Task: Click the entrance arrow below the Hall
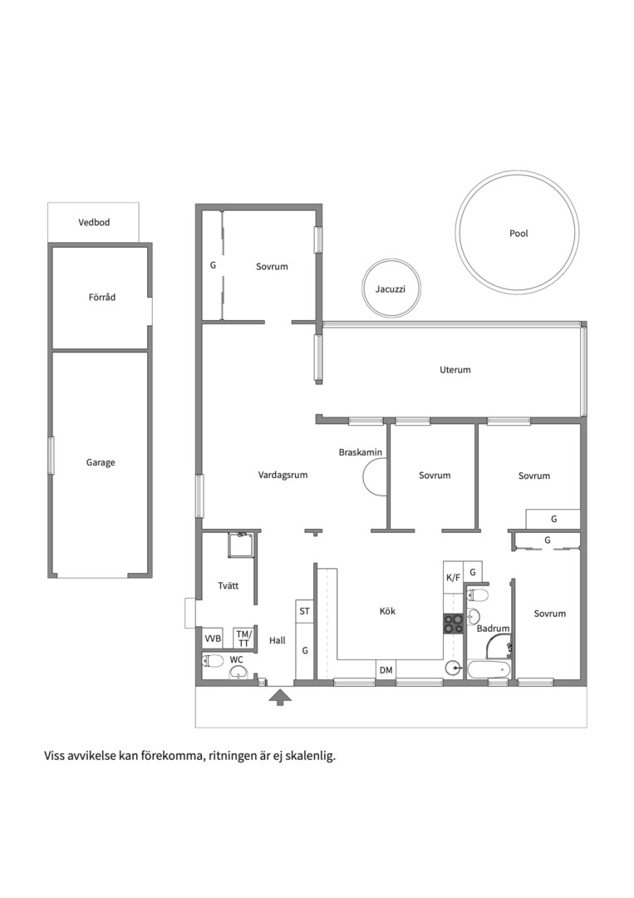tap(280, 697)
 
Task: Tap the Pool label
tap(519, 234)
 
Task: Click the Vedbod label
tap(94, 222)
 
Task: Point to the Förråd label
tap(102, 297)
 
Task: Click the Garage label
tap(101, 463)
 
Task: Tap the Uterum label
tap(455, 370)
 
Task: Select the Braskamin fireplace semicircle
tap(373, 477)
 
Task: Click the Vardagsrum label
tap(283, 475)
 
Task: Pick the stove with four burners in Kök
tap(453, 623)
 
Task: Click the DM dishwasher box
tap(386, 669)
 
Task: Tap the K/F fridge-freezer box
tap(453, 577)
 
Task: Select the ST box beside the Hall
tap(304, 612)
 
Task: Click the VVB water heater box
tap(213, 638)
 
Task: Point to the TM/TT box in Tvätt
tap(243, 638)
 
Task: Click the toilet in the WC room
tap(213, 662)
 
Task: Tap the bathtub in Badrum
tap(489, 669)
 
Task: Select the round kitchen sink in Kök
tap(453, 668)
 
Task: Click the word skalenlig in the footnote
tap(312, 756)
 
